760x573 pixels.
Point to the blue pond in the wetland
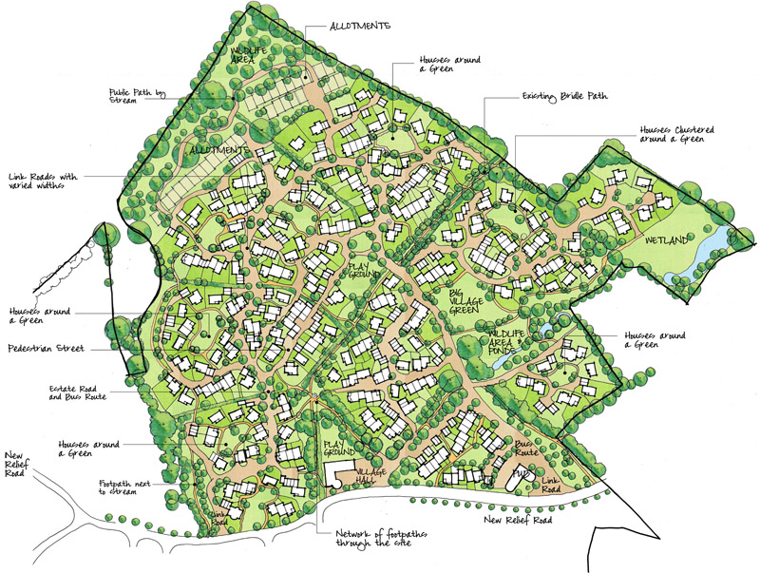(713, 249)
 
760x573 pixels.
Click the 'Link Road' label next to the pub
(550, 485)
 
